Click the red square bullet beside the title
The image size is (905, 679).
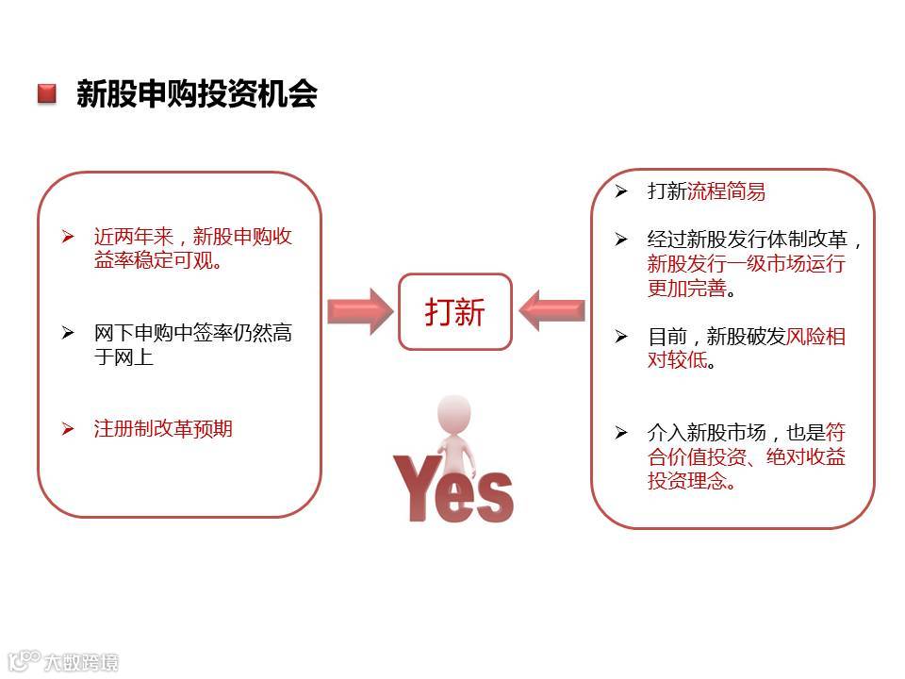click(x=46, y=94)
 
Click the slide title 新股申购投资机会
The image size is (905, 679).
click(x=196, y=94)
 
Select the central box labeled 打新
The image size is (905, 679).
click(x=454, y=311)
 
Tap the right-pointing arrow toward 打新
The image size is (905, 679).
click(x=360, y=311)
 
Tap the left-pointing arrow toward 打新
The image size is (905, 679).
click(x=551, y=311)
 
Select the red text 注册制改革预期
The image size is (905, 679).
click(x=163, y=429)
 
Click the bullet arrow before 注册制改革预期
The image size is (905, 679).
click(x=68, y=429)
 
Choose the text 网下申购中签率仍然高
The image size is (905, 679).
click(x=193, y=333)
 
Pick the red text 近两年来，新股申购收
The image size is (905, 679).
click(x=193, y=237)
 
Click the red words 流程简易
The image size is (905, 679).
click(x=726, y=191)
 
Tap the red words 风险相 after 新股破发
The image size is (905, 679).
click(x=815, y=337)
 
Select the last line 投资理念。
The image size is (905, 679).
click(x=690, y=481)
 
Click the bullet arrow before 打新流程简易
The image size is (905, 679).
click(x=620, y=191)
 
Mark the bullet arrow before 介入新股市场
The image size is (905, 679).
click(x=620, y=433)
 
